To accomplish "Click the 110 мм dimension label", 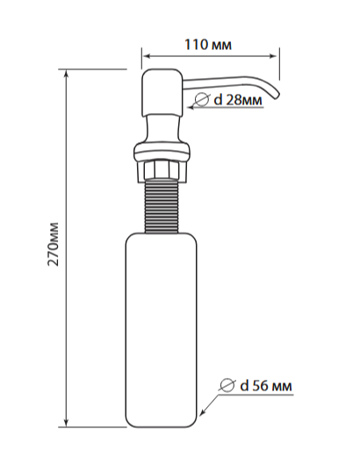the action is pyautogui.click(x=208, y=45).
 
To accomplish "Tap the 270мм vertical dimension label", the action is pyautogui.click(x=54, y=244).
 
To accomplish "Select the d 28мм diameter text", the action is pyautogui.click(x=238, y=100).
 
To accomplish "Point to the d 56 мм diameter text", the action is pyautogui.click(x=266, y=386).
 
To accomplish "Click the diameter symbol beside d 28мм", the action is pyautogui.click(x=202, y=100).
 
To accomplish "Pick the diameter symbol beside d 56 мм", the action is pyautogui.click(x=227, y=385).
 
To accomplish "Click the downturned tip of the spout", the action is pyautogui.click(x=277, y=96).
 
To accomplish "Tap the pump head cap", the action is pyautogui.click(x=162, y=92).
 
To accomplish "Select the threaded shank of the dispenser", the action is pyautogui.click(x=162, y=207).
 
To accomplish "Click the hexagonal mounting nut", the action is pyautogui.click(x=162, y=170).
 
